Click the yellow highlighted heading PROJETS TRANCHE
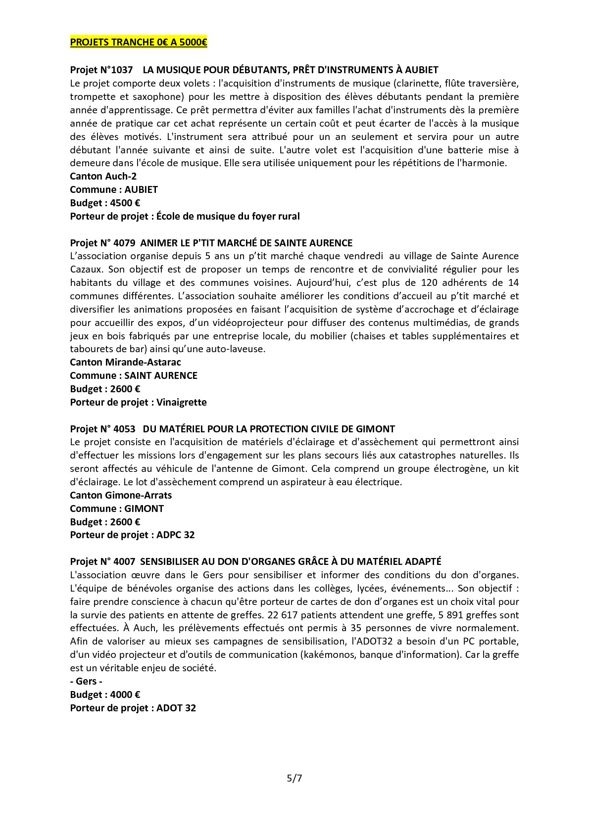coord(138,43)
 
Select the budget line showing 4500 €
coord(104,203)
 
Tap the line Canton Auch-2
coord(103,176)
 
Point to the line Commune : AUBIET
coord(114,189)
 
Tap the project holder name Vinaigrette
coord(181,402)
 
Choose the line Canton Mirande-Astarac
coord(125,362)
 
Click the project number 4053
coord(124,429)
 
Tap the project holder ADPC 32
coord(175,535)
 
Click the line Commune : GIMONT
coord(117,509)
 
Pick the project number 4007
coord(124,561)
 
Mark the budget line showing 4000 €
coord(104,694)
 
